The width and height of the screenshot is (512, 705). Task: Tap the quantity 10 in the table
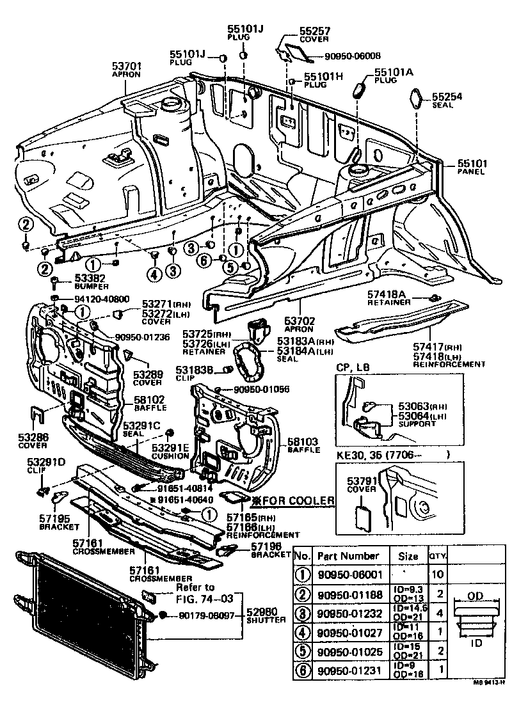click(x=437, y=574)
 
